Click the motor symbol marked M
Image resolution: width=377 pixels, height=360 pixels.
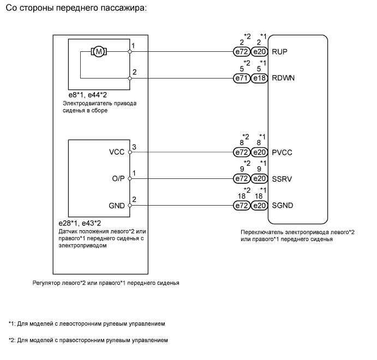99,52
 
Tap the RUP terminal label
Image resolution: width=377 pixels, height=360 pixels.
279,52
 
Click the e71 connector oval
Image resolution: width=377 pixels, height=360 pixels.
242,78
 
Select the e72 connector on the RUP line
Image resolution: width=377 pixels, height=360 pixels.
242,52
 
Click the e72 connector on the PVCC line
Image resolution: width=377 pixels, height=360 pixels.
242,152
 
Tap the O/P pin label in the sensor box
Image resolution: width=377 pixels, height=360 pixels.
118,178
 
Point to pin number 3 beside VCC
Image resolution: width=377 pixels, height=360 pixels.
134,147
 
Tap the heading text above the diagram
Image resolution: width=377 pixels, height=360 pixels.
76,10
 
